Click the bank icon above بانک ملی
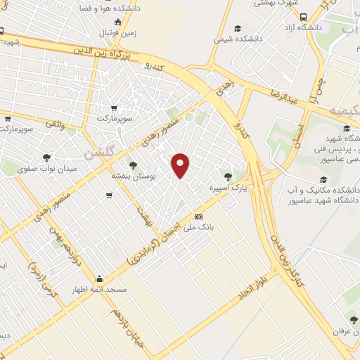click(x=199, y=217)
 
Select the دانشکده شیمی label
click(x=238, y=39)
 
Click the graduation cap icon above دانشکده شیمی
click(x=238, y=28)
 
